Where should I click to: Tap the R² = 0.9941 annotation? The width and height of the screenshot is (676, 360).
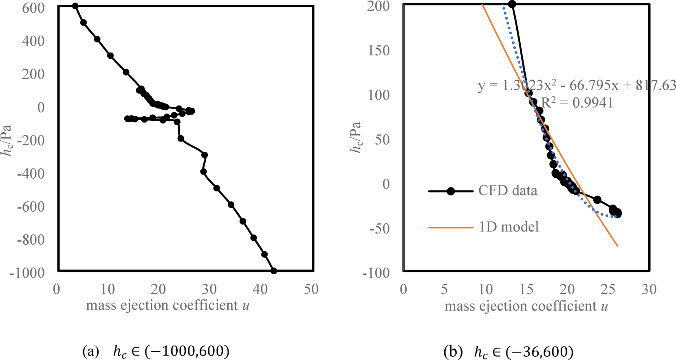pos(577,103)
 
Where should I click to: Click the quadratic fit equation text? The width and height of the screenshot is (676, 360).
pos(577,86)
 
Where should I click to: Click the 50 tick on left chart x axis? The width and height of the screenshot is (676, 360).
pos(311,289)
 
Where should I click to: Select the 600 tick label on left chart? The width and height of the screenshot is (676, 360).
pos(33,8)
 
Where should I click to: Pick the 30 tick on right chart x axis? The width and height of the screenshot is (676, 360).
pos(649,289)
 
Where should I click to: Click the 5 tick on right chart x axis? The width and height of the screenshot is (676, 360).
pos(444,289)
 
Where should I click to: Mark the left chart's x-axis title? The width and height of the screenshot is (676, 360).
pos(167,305)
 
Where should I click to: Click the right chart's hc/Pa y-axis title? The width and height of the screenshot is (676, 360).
pos(356,137)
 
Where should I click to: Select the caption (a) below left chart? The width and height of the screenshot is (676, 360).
pos(156,351)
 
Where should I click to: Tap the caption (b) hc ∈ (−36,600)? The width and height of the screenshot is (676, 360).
pos(508,351)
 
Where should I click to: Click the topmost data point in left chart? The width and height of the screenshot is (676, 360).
pos(75,6)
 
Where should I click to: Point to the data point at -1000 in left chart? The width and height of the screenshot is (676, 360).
pos(274,271)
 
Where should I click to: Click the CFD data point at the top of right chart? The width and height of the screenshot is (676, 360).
pos(512,4)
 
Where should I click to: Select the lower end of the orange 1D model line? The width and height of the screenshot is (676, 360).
pos(618,246)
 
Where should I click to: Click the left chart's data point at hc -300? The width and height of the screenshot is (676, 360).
pos(205,155)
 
